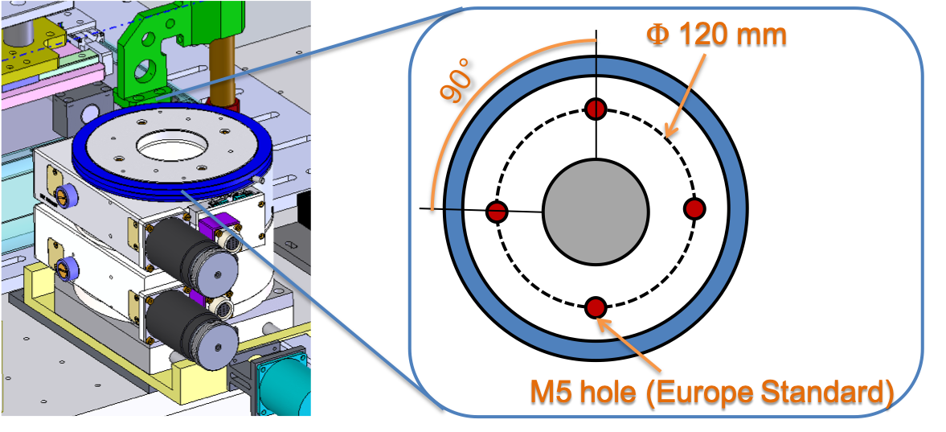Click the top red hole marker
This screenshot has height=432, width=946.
pyautogui.click(x=595, y=109)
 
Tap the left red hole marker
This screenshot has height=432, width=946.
pyautogui.click(x=497, y=212)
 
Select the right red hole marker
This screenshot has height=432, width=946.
pyautogui.click(x=694, y=208)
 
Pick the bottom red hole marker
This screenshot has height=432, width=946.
pyautogui.click(x=595, y=307)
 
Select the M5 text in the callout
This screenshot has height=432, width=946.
pyautogui.click(x=552, y=393)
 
